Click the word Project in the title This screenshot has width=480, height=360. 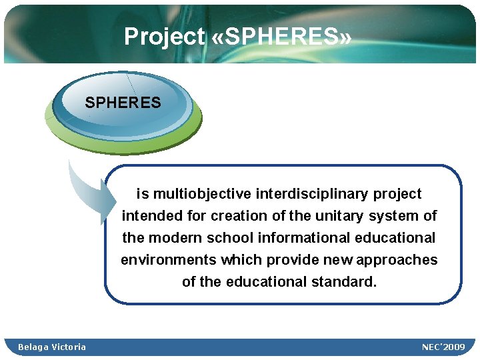point(164,37)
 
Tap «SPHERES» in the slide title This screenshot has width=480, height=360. point(281,37)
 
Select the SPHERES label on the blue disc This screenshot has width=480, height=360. point(123,103)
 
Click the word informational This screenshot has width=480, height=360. point(294,238)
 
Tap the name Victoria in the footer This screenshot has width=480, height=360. point(69,347)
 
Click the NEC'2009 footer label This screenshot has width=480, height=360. point(443,347)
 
